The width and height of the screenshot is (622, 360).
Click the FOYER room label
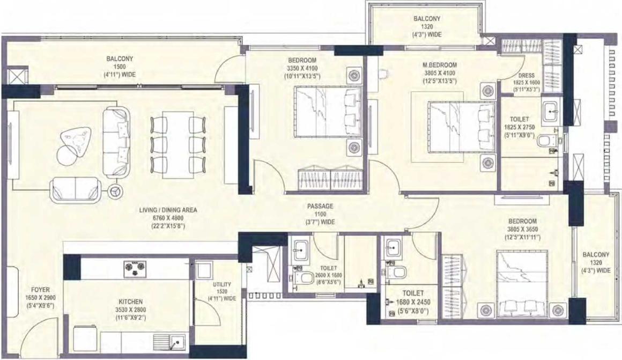(40, 290)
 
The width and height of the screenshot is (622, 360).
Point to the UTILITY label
(222, 284)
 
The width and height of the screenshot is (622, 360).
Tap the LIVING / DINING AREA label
(168, 210)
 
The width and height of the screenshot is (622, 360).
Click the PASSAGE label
(320, 207)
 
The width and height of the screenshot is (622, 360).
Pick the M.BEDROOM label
(440, 65)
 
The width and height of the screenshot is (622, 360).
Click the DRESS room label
(527, 76)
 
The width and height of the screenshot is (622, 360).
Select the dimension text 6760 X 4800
(168, 218)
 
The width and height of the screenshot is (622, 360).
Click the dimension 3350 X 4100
(302, 68)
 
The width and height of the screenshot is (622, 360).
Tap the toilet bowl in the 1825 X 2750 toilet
(545, 140)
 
